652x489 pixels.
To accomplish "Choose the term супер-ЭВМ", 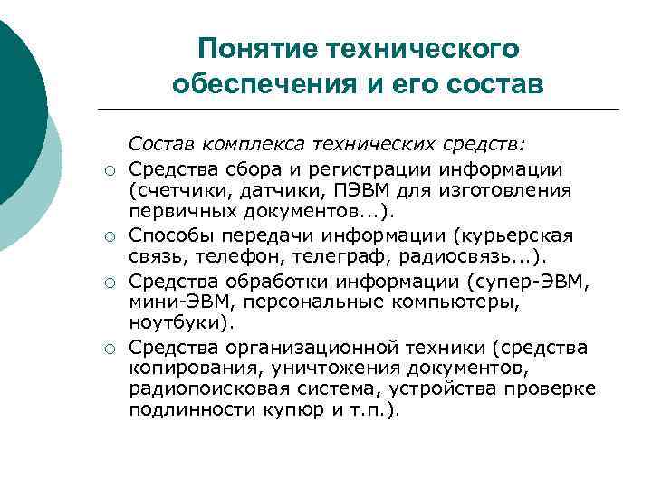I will click(543, 280).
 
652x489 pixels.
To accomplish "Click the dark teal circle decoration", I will click(18, 100).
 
